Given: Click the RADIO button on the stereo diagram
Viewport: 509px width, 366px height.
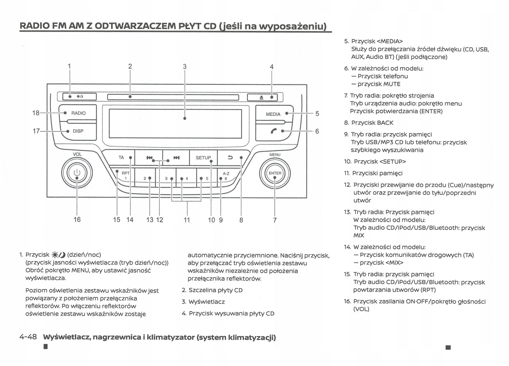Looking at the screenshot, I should click(x=78, y=113).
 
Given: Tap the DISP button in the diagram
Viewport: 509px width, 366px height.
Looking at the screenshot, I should click(x=78, y=131).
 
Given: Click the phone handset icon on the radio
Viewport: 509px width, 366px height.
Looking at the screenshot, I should click(x=274, y=131).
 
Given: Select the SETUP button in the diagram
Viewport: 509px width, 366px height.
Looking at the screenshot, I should click(x=203, y=158).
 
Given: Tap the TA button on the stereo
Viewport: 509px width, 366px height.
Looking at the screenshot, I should click(x=121, y=157).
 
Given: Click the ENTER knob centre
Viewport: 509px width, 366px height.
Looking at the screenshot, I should click(x=275, y=173).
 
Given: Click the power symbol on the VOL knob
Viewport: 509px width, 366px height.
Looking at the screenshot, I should click(x=77, y=173).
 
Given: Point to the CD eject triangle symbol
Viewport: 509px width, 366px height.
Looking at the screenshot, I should click(x=261, y=97).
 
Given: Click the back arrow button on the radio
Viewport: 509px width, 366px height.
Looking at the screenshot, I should click(x=230, y=157).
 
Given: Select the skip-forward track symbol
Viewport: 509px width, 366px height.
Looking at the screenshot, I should click(x=177, y=158).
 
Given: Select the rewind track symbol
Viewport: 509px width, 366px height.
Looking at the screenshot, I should click(x=149, y=158).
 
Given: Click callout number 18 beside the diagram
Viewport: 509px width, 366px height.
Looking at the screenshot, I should click(x=36, y=113).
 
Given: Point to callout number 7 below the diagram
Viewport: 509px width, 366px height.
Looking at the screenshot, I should click(x=275, y=220).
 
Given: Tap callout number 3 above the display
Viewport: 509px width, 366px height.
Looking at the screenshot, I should click(x=185, y=67).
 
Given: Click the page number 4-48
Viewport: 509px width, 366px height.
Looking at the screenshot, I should click(x=28, y=337).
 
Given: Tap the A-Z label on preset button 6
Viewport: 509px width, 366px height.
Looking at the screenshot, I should click(x=226, y=173).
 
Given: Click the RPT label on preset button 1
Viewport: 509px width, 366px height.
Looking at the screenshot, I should click(x=125, y=173).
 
